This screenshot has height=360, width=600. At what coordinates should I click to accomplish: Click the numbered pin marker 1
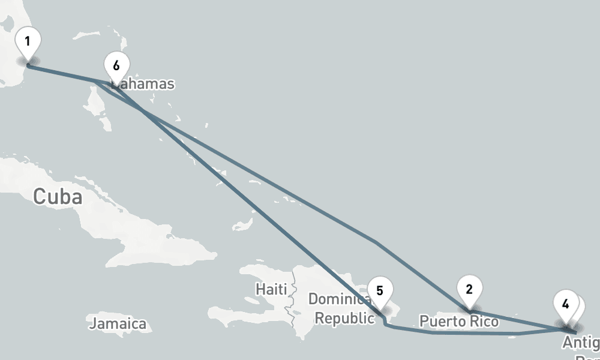point(28,43)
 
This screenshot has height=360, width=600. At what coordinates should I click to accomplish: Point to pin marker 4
point(565,304)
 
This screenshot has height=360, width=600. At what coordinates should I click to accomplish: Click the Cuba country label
point(58,196)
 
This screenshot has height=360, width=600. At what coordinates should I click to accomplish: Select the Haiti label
point(271,289)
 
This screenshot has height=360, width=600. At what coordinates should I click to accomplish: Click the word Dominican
point(339,299)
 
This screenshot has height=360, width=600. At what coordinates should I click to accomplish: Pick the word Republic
point(344,318)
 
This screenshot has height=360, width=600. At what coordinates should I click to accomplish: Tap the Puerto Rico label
point(459,322)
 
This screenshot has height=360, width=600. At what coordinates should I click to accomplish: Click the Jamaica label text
point(118,324)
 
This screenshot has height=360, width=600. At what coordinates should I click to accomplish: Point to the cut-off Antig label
point(580,343)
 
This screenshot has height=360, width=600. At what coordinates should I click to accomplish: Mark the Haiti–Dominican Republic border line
point(293,300)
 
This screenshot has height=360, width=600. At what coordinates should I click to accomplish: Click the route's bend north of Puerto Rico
point(375,242)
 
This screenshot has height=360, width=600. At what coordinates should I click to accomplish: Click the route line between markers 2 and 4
point(516,320)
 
